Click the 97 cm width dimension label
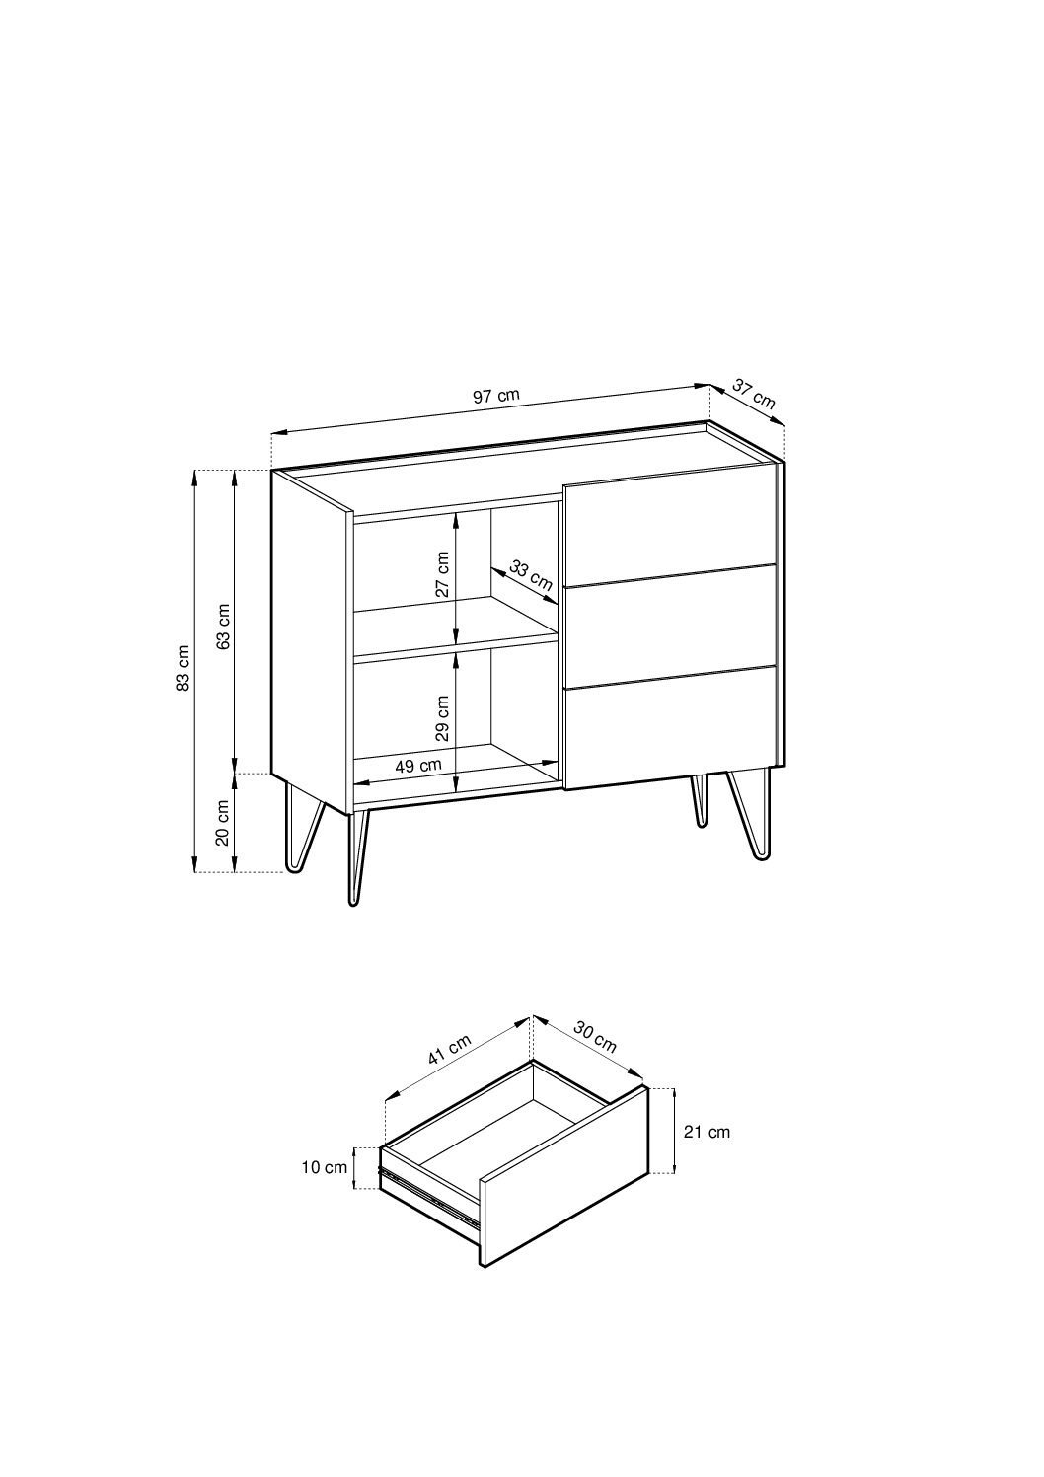pos(496,396)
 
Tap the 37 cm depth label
pos(754,394)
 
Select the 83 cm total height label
pos(184,667)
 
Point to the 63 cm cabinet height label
pos(224,627)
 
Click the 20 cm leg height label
pos(223,823)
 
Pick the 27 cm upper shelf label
pos(442,574)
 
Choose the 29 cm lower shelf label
pos(442,718)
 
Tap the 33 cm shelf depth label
pos(531,574)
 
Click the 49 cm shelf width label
pos(418,766)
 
